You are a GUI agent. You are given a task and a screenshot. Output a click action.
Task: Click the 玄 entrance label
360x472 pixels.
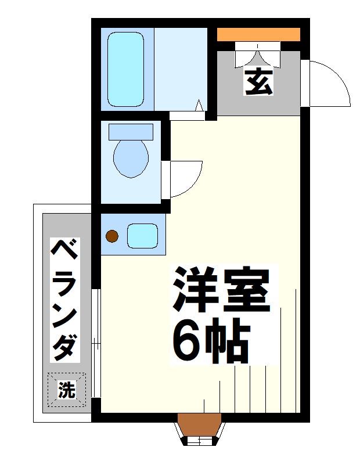point(258,81)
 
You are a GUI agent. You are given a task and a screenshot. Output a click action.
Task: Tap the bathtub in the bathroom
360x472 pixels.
point(125,69)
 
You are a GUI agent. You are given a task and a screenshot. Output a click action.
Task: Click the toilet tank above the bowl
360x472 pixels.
point(131,131)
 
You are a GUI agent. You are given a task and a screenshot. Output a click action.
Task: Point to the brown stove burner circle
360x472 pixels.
point(111,236)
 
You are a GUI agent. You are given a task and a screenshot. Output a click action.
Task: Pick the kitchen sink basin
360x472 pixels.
point(143,236)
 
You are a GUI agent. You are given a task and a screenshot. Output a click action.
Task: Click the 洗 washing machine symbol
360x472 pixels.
point(66,390)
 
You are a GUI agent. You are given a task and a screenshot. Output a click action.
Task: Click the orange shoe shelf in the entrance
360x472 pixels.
point(258,34)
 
